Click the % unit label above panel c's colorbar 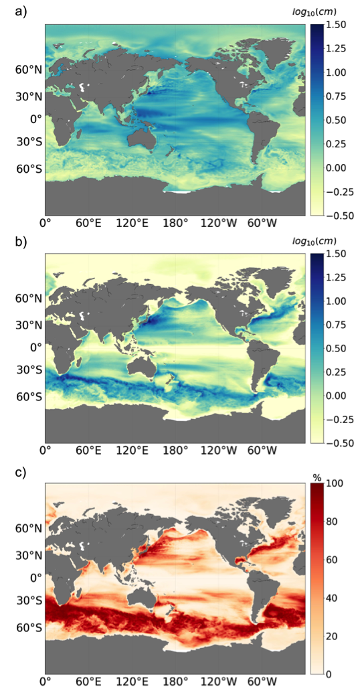(317, 478)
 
